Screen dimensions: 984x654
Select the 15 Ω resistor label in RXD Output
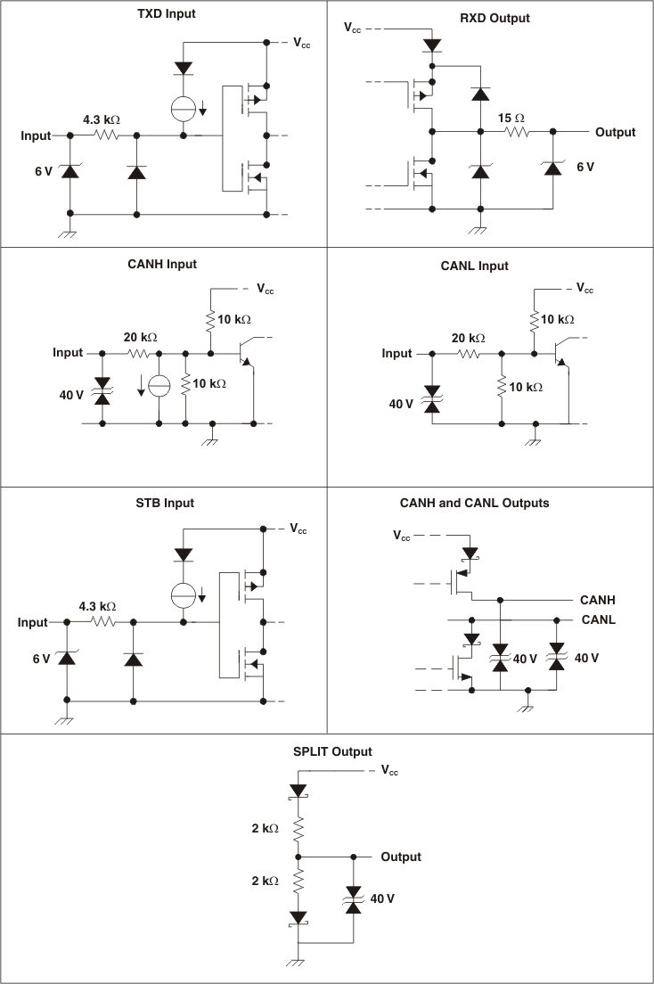coord(511,117)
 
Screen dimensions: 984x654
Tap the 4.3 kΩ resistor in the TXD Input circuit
coord(106,135)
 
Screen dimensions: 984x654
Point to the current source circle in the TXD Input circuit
coord(184,108)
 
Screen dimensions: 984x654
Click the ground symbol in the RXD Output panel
coord(480,230)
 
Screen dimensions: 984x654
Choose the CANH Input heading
coord(162,264)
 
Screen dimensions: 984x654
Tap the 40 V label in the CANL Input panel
coord(401,404)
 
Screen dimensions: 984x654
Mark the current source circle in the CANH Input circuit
coord(159,386)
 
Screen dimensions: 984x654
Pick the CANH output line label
coord(598,601)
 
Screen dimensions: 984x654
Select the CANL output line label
coord(598,619)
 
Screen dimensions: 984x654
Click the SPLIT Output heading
coord(332,751)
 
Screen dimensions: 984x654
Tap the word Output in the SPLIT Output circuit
coord(401,857)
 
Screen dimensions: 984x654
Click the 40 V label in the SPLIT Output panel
coord(382,898)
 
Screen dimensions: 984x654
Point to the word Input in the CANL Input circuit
coord(397,353)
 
